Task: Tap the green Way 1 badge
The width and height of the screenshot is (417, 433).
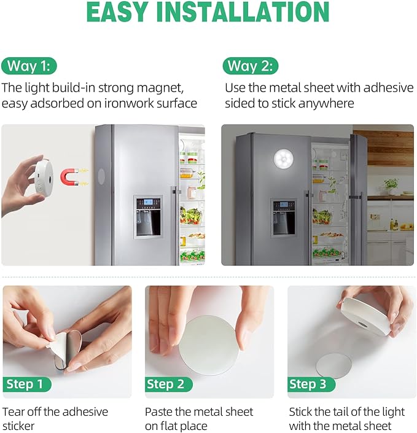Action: tap(29, 66)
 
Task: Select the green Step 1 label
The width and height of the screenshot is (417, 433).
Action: tap(25, 384)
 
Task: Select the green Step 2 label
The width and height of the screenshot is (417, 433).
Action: tap(166, 384)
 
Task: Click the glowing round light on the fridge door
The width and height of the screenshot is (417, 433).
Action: tap(289, 161)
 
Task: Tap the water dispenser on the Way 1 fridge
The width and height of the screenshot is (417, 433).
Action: tap(148, 216)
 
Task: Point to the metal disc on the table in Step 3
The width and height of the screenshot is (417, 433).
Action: tap(333, 366)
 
